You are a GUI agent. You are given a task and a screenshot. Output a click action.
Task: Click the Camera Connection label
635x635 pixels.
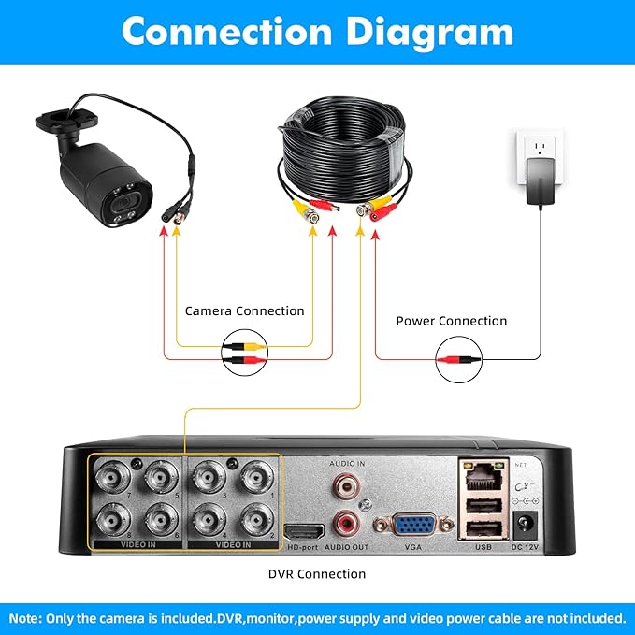pos(244,310)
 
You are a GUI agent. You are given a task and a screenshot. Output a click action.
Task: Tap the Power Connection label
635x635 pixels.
pos(451,321)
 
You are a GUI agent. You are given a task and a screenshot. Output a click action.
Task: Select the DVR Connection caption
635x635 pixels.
pos(316,573)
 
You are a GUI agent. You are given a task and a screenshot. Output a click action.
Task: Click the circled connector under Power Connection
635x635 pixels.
pos(459,358)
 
